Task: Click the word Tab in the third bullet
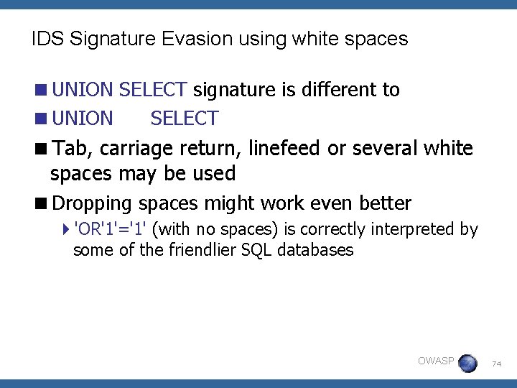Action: [x=69, y=149]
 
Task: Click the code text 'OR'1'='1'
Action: [x=111, y=229]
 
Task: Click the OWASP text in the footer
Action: [x=436, y=361]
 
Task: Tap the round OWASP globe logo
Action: [x=467, y=363]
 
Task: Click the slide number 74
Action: [x=496, y=364]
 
